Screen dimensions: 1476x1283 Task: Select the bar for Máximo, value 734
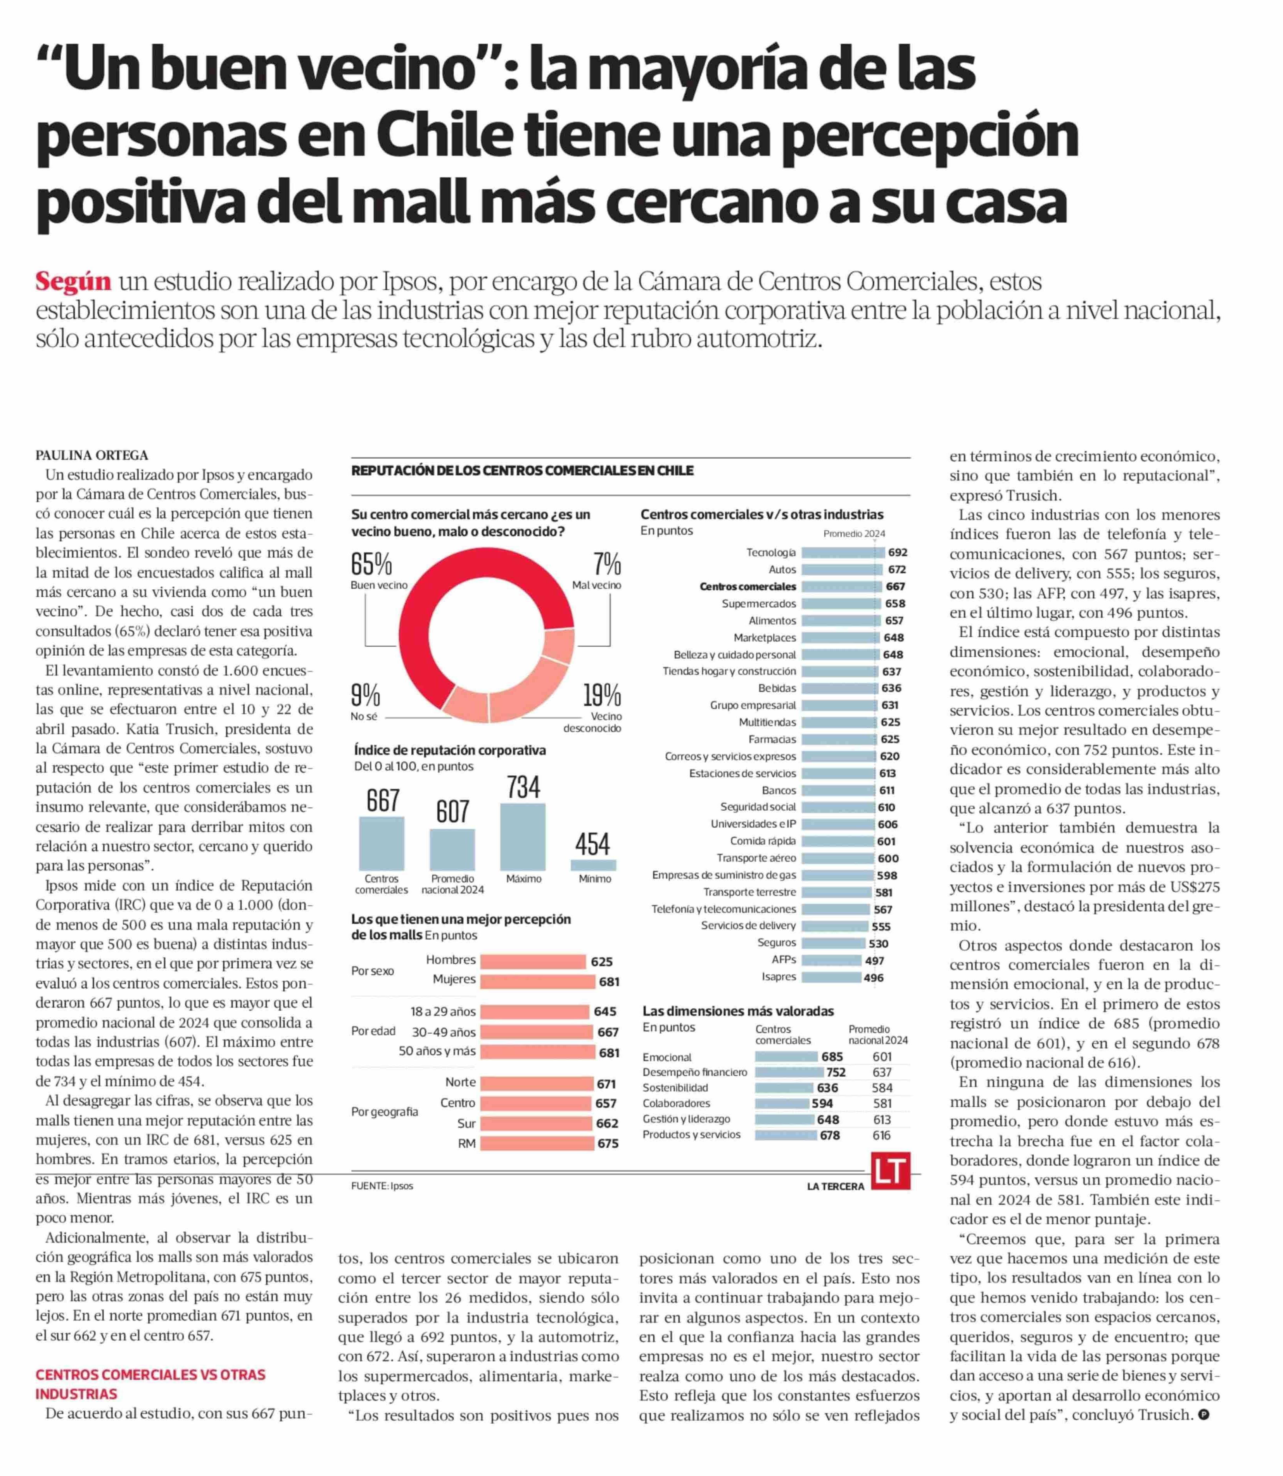click(523, 836)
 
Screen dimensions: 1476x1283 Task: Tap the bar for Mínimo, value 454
click(593, 865)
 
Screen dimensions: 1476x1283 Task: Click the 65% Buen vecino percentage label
click(371, 565)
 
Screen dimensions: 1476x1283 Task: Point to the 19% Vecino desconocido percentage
click(601, 695)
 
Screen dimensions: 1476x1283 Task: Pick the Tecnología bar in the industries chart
click(843, 552)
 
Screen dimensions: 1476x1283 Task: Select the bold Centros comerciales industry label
click(748, 586)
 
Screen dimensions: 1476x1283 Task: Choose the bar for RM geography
click(537, 1143)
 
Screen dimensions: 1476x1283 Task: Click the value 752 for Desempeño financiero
click(836, 1072)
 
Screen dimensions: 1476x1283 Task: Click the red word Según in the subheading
click(73, 281)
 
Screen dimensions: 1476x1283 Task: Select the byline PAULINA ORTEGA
click(92, 455)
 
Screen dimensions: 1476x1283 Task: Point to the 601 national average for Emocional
click(882, 1057)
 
